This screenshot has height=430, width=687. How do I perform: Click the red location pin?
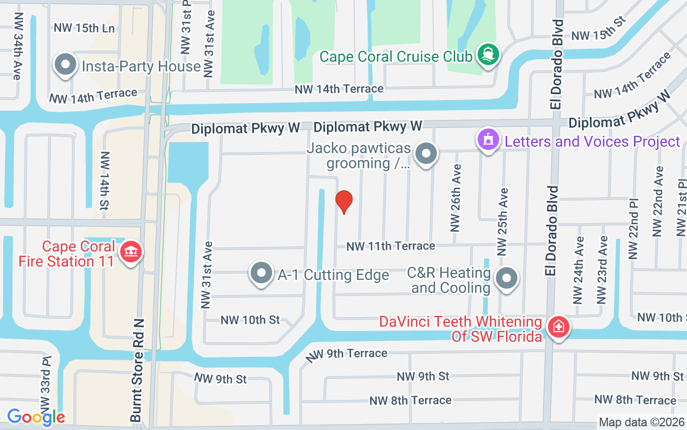pyautogui.click(x=343, y=202)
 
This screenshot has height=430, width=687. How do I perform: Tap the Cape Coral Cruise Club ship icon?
pyautogui.click(x=487, y=55)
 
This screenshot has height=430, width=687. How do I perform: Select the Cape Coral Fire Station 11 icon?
pyautogui.click(x=130, y=252)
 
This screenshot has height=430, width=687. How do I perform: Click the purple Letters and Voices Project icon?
pyautogui.click(x=488, y=140)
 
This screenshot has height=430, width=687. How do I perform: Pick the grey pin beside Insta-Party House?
pyautogui.click(x=65, y=65)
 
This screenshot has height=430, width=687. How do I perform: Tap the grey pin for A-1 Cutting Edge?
pyautogui.click(x=261, y=273)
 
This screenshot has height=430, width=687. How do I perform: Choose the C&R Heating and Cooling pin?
pyautogui.click(x=506, y=278)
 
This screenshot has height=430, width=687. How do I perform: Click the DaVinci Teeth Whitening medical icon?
pyautogui.click(x=558, y=327)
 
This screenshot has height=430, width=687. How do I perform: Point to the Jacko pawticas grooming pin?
pyautogui.click(x=426, y=153)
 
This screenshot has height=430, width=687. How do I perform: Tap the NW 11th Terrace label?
pyautogui.click(x=391, y=246)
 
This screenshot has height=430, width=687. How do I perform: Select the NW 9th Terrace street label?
pyautogui.click(x=346, y=354)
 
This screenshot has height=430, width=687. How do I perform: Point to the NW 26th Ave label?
pyautogui.click(x=456, y=198)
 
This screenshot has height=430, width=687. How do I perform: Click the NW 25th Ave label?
pyautogui.click(x=502, y=221)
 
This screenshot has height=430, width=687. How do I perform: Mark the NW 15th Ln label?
pyautogui.click(x=84, y=28)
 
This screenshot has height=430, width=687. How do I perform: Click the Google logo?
pyautogui.click(x=36, y=417)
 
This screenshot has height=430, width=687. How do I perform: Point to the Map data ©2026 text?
pyautogui.click(x=642, y=422)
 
